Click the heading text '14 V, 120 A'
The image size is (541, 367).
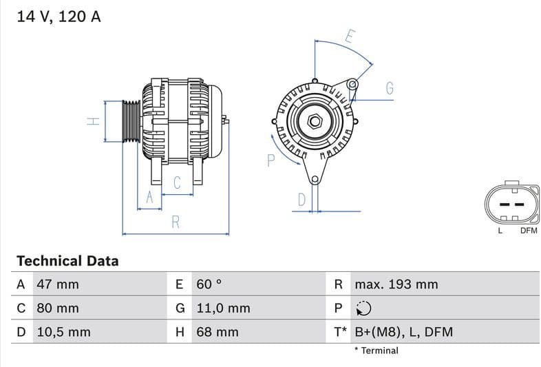coord(59,17)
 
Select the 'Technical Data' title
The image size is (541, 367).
coord(67,261)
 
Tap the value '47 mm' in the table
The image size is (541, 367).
coord(57,284)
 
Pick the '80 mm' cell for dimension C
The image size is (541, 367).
coord(57,308)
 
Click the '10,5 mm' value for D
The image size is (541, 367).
coord(63,332)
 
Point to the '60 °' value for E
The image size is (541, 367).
coord(209,284)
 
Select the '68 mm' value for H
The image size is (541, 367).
coord(217,332)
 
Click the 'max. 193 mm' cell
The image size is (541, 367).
coord(396,284)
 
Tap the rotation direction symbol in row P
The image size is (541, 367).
coord(363,308)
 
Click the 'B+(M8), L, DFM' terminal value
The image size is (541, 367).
coord(403,332)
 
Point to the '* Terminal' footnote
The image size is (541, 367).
coord(376,350)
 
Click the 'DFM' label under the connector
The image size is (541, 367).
coord(528,231)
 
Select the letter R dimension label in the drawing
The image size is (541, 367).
coord(176,222)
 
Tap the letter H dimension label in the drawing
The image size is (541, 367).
coord(94,121)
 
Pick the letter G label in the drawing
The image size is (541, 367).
coord(389,88)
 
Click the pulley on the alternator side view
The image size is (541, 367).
coord(131,122)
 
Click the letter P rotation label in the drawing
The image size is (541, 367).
coord(270,160)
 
